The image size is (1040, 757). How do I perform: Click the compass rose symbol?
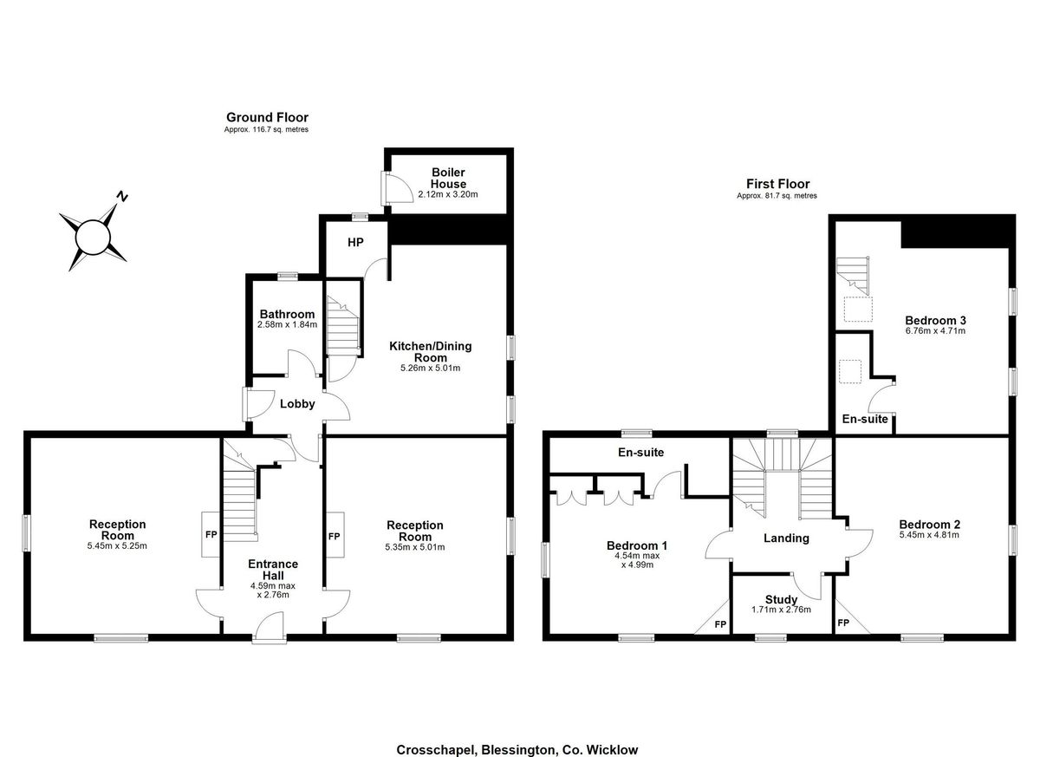(92, 234)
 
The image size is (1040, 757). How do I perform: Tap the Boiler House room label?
(448, 179)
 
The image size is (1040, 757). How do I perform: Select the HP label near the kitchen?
(355, 243)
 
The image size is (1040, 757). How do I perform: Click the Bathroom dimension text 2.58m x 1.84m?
(287, 324)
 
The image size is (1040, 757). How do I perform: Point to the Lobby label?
(297, 403)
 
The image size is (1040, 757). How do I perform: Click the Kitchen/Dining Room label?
(430, 351)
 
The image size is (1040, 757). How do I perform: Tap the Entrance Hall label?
(274, 570)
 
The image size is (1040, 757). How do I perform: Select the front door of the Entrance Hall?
(270, 627)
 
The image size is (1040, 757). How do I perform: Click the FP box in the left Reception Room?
(211, 535)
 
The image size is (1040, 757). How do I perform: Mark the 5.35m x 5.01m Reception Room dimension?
(414, 547)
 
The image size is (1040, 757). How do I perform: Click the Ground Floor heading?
(267, 117)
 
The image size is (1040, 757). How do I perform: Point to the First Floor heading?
(777, 184)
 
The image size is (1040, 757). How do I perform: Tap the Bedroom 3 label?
(934, 319)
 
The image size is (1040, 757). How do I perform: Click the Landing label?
(786, 538)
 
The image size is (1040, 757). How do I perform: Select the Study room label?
(781, 599)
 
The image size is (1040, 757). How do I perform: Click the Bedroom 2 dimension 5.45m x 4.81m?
(929, 535)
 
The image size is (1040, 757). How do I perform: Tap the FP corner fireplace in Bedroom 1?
(718, 623)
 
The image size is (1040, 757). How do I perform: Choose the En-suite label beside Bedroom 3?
(865, 419)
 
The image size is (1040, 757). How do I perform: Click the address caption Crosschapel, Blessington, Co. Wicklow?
(517, 750)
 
